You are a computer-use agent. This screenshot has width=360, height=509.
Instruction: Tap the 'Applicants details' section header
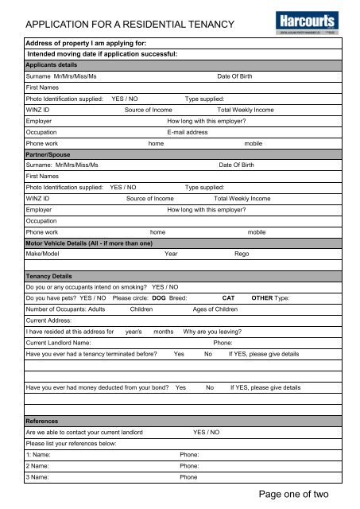[52, 64]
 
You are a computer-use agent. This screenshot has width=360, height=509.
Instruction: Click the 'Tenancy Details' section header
[49, 275]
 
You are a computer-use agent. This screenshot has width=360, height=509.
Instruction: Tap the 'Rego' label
[242, 254]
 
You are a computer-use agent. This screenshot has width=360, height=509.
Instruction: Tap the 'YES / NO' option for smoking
[165, 286]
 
